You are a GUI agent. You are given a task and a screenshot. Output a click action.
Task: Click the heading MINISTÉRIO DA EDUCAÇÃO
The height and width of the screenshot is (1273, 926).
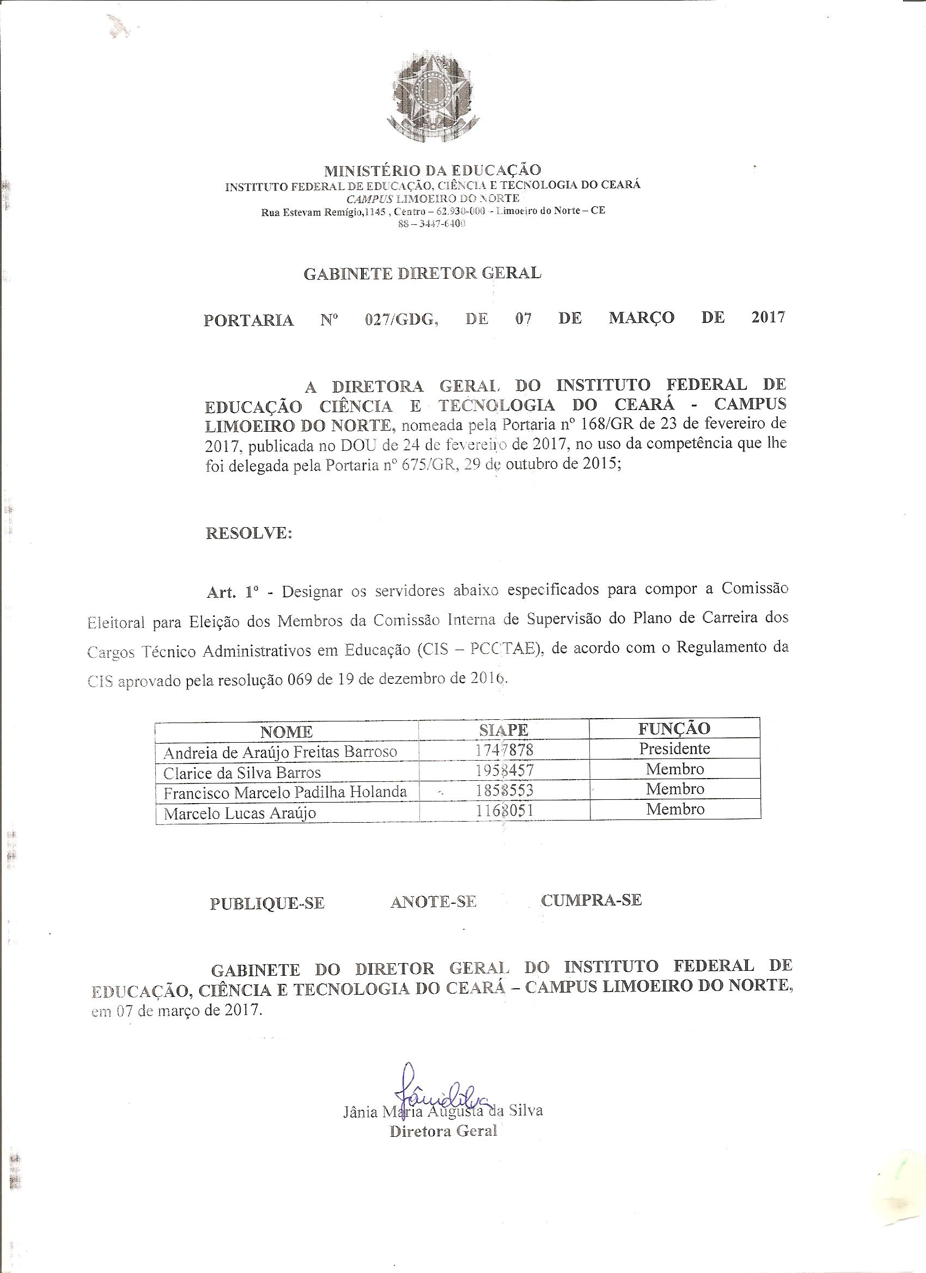tap(432, 169)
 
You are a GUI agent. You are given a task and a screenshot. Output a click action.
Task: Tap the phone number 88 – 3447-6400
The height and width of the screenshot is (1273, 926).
tap(432, 223)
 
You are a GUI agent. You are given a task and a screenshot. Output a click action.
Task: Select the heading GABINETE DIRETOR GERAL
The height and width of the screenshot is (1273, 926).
tap(422, 274)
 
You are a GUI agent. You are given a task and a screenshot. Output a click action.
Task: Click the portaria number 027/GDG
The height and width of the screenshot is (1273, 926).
tap(401, 320)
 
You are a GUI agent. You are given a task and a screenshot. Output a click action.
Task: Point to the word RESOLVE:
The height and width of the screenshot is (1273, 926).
tap(249, 533)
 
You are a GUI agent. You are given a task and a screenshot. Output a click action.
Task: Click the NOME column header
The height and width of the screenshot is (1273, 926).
tap(287, 732)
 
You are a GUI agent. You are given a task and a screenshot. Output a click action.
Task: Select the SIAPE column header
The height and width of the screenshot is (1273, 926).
tap(504, 730)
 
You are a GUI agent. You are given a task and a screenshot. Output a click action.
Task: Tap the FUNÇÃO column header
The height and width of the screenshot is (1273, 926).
tap(674, 729)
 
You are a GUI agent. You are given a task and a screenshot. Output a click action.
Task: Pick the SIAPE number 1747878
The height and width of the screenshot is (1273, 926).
tap(504, 750)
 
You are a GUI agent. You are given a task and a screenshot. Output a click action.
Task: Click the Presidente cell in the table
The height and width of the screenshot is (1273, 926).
tap(674, 749)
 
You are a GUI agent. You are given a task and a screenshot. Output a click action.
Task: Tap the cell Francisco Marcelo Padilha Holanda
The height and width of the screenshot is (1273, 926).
tap(285, 793)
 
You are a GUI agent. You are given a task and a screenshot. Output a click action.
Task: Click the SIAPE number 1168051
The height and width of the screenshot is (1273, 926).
tap(504, 811)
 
